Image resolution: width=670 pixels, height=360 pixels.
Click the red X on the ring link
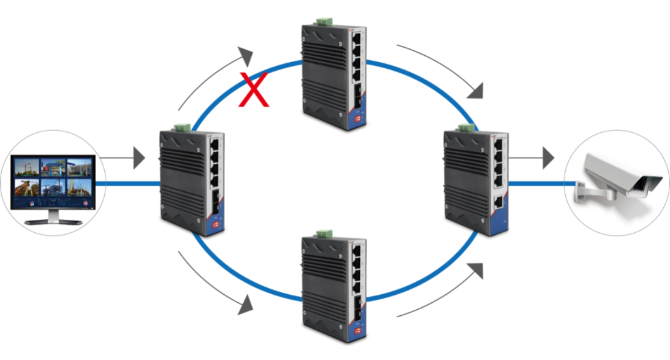pos(254,90)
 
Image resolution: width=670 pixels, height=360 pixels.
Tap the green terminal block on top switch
pos(323,22)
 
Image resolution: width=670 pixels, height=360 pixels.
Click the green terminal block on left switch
pos(181,127)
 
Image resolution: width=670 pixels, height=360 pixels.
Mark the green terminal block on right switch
pos(466,127)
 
